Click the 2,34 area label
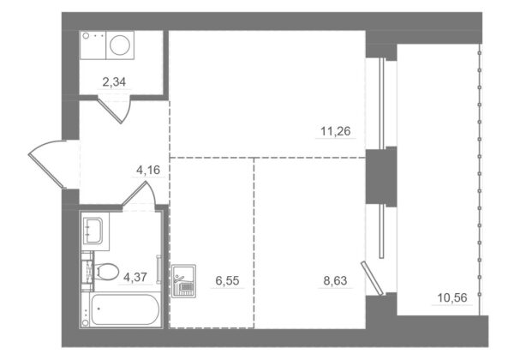pos(114,82)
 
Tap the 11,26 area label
pos(335,131)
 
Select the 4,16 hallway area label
pos(148,170)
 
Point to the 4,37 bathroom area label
pos(135,278)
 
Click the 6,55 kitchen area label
pos(227,280)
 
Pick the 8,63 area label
pos(335,280)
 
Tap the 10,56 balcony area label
pos(452,297)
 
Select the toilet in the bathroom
pos(105,272)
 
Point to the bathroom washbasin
pos(93,231)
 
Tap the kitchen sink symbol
pos(183,281)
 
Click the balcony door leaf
pos(372,278)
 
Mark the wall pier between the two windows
pos(381,177)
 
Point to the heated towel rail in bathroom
pos(158,269)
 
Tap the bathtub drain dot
pos(99,309)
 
